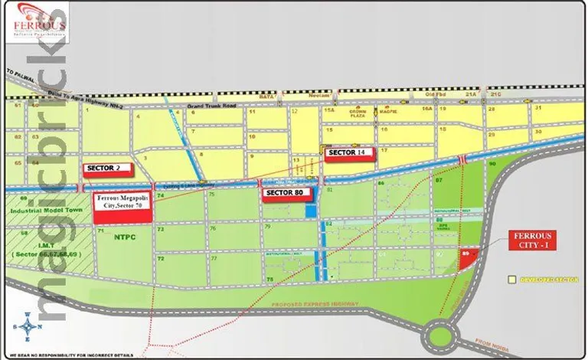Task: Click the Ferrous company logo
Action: tap(39, 22)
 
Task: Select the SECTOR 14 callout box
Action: tap(351, 153)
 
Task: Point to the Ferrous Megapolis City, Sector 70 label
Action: tap(122, 208)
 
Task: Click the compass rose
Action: tap(28, 326)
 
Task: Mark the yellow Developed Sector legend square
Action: tap(511, 280)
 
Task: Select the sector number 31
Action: tap(538, 108)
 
